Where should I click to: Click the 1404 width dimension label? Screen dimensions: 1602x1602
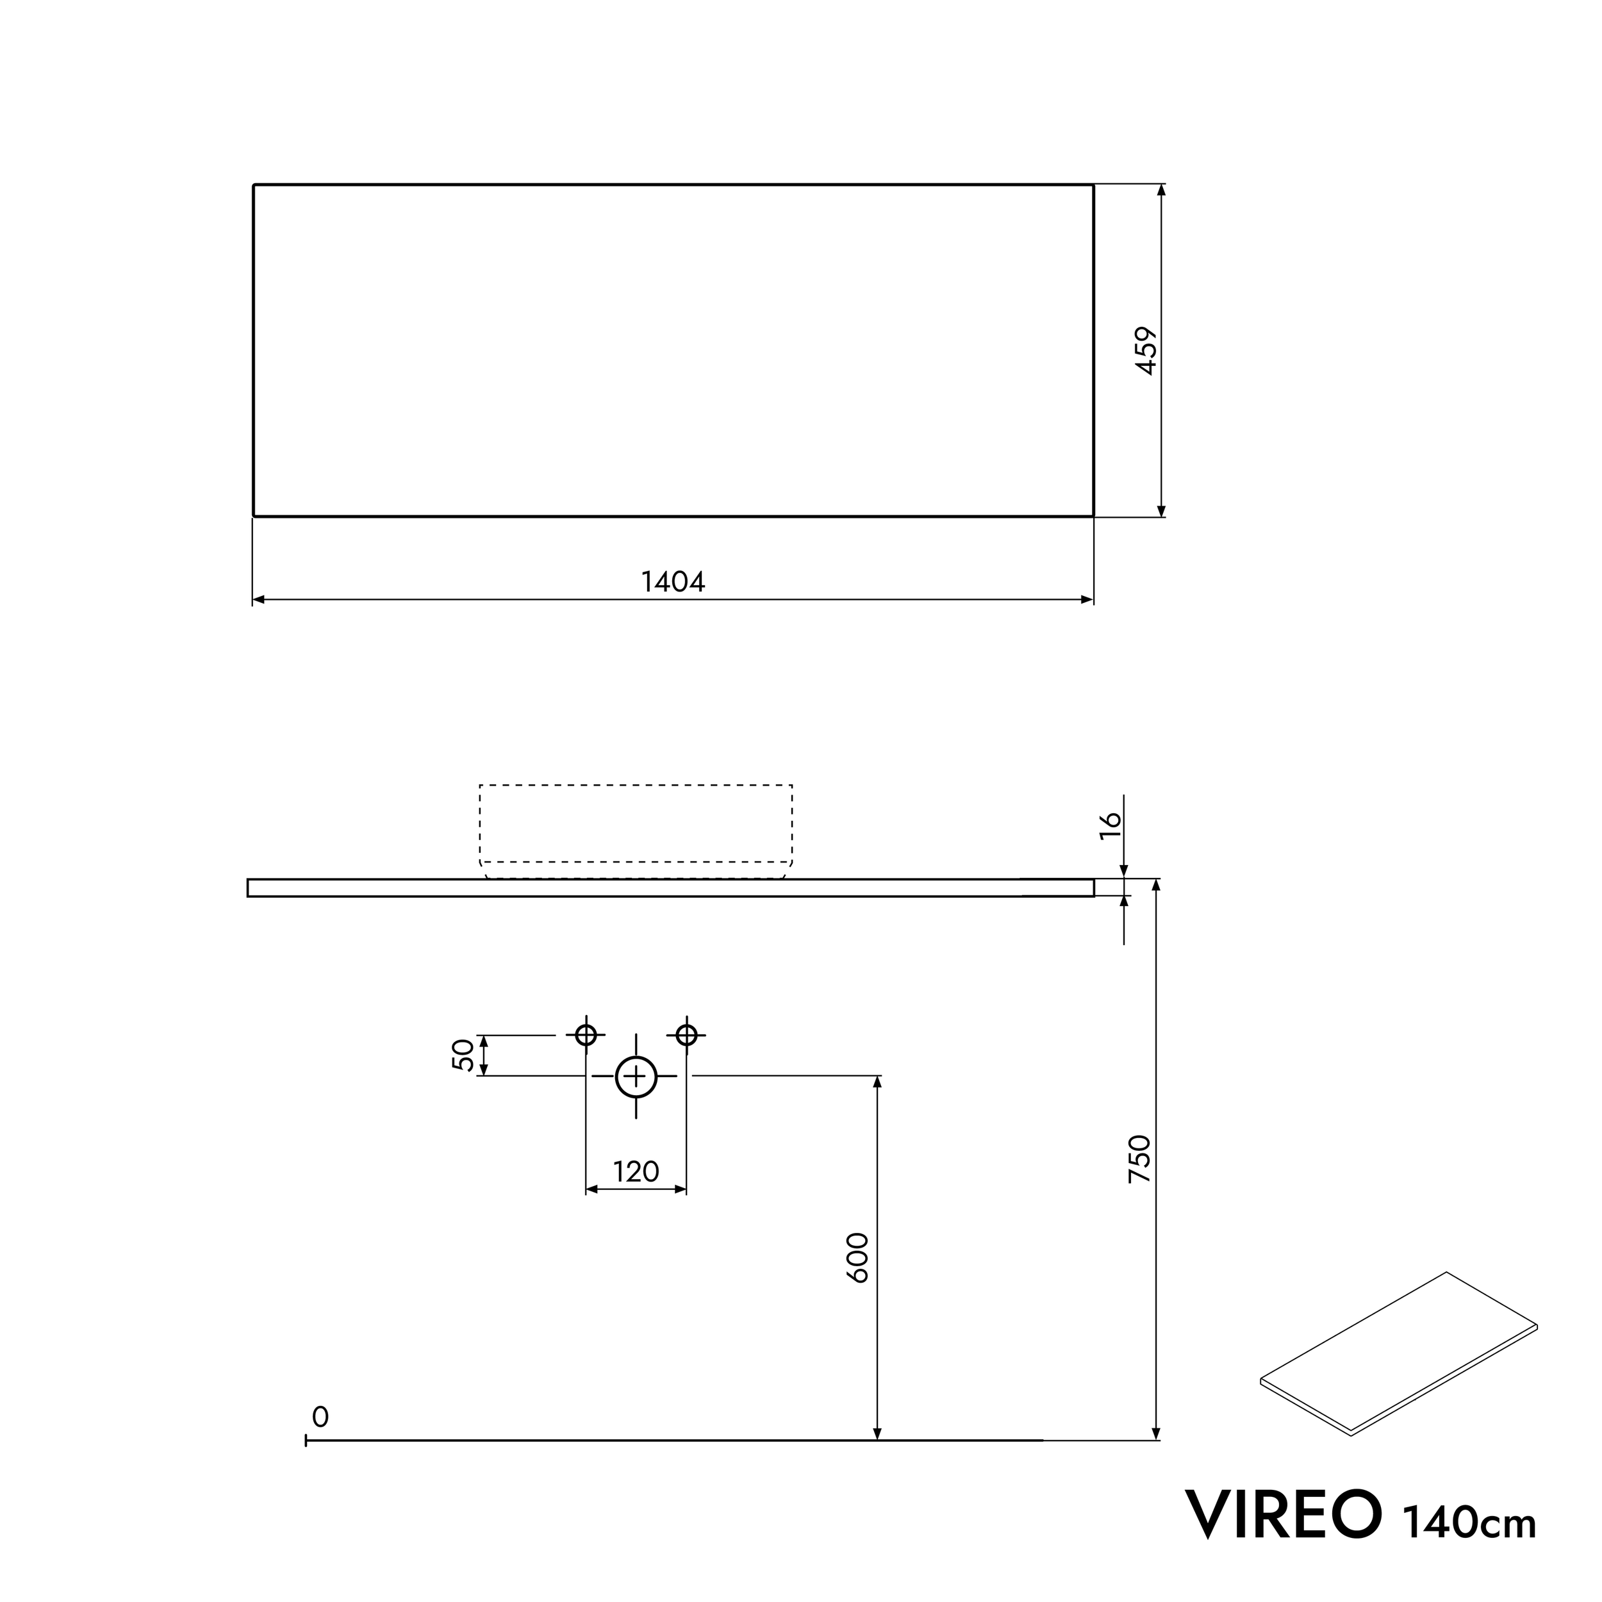[x=672, y=582]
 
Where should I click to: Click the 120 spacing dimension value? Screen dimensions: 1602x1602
[x=635, y=1171]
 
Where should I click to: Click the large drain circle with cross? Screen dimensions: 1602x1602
[x=636, y=1077]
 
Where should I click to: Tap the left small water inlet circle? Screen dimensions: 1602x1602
[x=586, y=1035]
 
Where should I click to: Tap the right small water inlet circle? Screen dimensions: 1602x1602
[x=686, y=1035]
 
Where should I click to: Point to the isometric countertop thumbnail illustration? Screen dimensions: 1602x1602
[x=1399, y=1355]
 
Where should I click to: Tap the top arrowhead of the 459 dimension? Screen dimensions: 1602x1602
[x=1161, y=190]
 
